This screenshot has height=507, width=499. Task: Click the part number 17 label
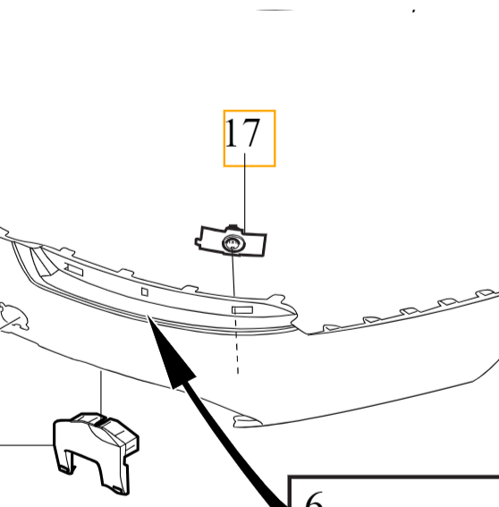click(x=241, y=135)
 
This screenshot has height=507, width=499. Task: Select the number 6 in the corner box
click(x=314, y=501)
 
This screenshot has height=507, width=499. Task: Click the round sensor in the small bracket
click(x=233, y=244)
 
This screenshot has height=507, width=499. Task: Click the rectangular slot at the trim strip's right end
click(x=242, y=309)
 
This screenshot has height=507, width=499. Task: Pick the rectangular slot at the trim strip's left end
click(x=73, y=269)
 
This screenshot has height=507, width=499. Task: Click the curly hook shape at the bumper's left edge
click(x=13, y=314)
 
